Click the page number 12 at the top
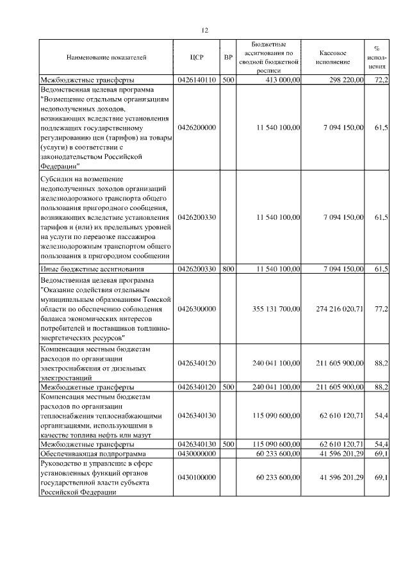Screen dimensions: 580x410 point(204,30)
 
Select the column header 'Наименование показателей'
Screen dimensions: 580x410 point(106,58)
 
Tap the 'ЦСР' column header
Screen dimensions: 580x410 point(197,58)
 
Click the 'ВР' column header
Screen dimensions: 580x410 point(228,58)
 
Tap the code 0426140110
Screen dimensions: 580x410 point(197,80)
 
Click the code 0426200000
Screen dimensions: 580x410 point(197,128)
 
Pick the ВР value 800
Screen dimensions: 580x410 point(228,269)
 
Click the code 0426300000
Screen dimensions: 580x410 point(197,309)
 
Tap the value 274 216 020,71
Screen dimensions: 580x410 point(340,309)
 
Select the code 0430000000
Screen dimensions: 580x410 point(197,453)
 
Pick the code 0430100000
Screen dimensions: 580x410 point(197,478)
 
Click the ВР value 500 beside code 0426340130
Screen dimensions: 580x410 point(228,444)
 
